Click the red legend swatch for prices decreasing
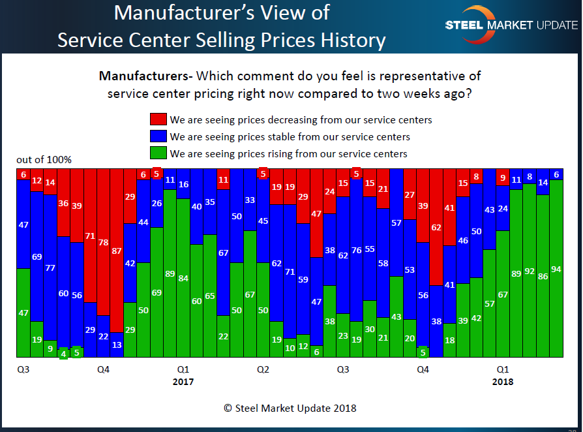[x=158, y=119]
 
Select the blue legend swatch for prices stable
[x=158, y=136]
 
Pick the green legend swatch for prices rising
[x=158, y=154]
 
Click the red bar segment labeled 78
[x=103, y=241]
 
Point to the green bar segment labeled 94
[x=556, y=269]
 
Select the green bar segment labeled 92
[x=530, y=270]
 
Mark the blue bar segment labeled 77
[x=50, y=267]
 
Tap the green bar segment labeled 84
[x=183, y=278]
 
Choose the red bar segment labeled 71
[x=90, y=236]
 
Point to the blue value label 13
[x=117, y=345]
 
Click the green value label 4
[x=63, y=354]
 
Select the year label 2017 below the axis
[x=183, y=382]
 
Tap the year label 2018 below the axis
[x=502, y=382]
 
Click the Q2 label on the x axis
[x=263, y=369]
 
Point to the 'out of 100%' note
[x=44, y=160]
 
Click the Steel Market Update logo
[x=511, y=25]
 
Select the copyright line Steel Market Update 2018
[x=290, y=409]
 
